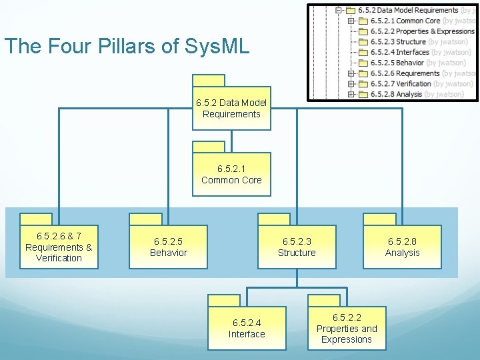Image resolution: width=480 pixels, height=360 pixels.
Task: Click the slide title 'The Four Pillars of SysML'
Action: (127, 46)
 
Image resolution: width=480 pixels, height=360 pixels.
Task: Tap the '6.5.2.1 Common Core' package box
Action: (231, 175)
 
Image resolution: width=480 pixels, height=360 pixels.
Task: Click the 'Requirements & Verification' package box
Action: (59, 247)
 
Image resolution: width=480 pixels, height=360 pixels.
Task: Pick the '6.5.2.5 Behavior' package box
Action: (168, 247)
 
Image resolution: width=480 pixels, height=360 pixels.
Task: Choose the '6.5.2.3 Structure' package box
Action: (297, 247)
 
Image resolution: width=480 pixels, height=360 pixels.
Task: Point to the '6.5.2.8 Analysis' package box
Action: (402, 247)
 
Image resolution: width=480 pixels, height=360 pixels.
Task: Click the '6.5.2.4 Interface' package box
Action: (247, 329)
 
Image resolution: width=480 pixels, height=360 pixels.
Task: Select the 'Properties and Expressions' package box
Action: (346, 329)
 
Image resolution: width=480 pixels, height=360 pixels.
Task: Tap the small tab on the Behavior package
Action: (145, 219)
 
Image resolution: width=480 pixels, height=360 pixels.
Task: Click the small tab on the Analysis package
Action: (379, 219)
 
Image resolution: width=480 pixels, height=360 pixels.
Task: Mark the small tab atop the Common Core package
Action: (209, 147)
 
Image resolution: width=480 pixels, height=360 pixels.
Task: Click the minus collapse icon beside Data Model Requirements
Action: (339, 11)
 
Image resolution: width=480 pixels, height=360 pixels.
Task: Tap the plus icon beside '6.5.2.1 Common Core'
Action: (351, 21)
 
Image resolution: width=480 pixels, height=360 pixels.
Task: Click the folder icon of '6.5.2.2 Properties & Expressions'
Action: (363, 31)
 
